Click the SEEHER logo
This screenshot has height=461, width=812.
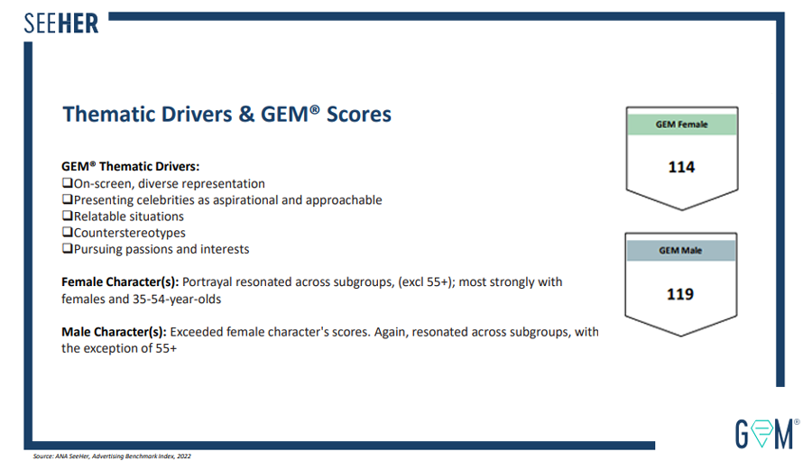[x=61, y=22]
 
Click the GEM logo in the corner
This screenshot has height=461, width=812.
[x=766, y=433]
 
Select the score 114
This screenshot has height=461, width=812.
[x=681, y=167]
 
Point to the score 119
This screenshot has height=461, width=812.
[x=681, y=294]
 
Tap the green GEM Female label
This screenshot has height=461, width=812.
[x=681, y=124]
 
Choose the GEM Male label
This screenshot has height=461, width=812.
[x=681, y=250]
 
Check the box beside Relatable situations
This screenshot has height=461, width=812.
[x=67, y=217]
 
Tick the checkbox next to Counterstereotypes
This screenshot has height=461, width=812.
[x=67, y=233]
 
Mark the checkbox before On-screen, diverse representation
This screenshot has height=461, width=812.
[x=67, y=184]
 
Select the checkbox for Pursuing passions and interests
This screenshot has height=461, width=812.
[x=67, y=249]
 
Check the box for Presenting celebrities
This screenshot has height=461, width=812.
[x=67, y=200]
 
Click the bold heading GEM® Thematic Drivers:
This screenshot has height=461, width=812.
[x=130, y=167]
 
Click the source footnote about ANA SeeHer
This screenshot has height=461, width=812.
[x=112, y=456]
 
